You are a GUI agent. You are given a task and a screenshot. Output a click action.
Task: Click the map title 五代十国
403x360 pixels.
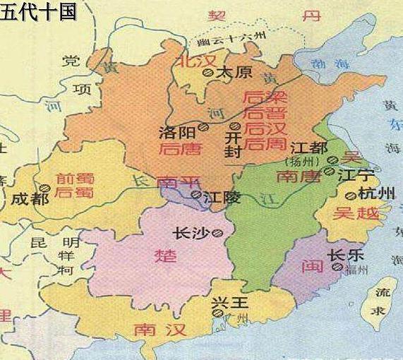(39, 13)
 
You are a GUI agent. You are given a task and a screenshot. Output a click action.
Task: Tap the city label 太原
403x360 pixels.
(233, 72)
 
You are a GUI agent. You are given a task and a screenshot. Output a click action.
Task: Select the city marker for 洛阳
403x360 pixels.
(203, 127)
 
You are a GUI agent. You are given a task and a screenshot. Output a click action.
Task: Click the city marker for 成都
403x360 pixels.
(44, 188)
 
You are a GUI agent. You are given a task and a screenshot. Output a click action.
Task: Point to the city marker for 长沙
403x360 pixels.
(219, 232)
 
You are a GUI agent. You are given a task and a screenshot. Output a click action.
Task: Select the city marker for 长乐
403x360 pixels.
(338, 268)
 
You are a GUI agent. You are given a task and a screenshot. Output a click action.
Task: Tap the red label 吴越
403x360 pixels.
(356, 212)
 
